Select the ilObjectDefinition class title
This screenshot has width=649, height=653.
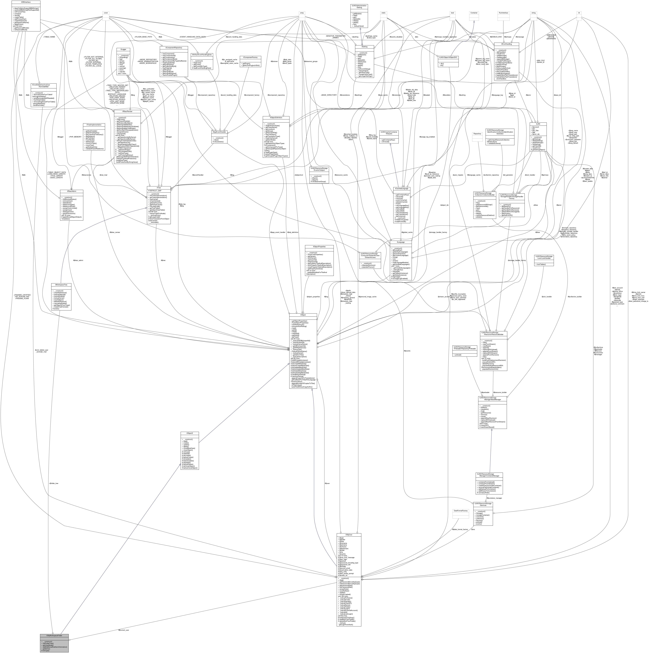(x=276, y=118)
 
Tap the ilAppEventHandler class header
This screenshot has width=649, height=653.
(x=219, y=132)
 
